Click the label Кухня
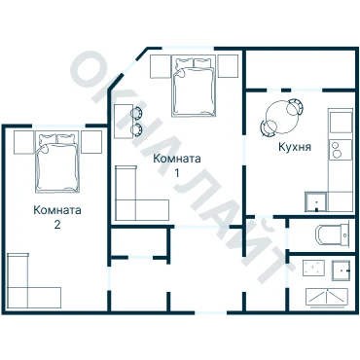(295, 147)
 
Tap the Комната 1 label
(177, 165)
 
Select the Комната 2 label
(57, 217)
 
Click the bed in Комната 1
(194, 87)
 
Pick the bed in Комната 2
(57, 162)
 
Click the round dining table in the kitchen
(282, 118)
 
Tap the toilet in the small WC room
(332, 234)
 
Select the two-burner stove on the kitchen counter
(341, 150)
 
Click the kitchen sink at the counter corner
(315, 201)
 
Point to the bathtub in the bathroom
(327, 297)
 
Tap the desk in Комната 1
(124, 122)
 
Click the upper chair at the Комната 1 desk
(136, 113)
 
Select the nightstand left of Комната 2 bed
(24, 142)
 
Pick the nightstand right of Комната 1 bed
(228, 66)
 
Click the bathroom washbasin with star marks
(313, 268)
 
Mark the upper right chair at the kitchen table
(296, 105)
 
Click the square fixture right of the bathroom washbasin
(341, 270)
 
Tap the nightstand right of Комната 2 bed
(91, 142)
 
